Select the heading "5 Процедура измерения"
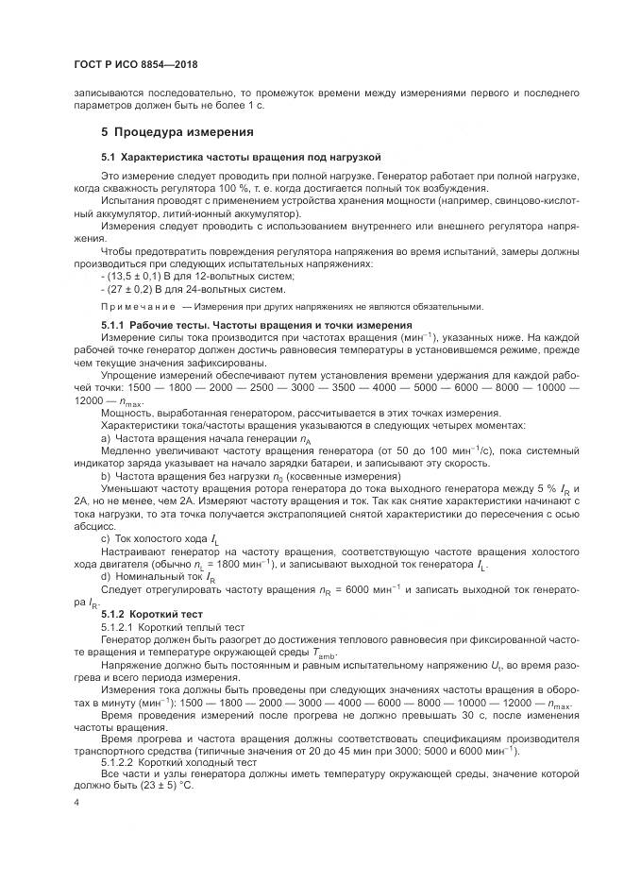pyautogui.click(x=177, y=130)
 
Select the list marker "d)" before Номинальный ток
pyautogui.click(x=106, y=576)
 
